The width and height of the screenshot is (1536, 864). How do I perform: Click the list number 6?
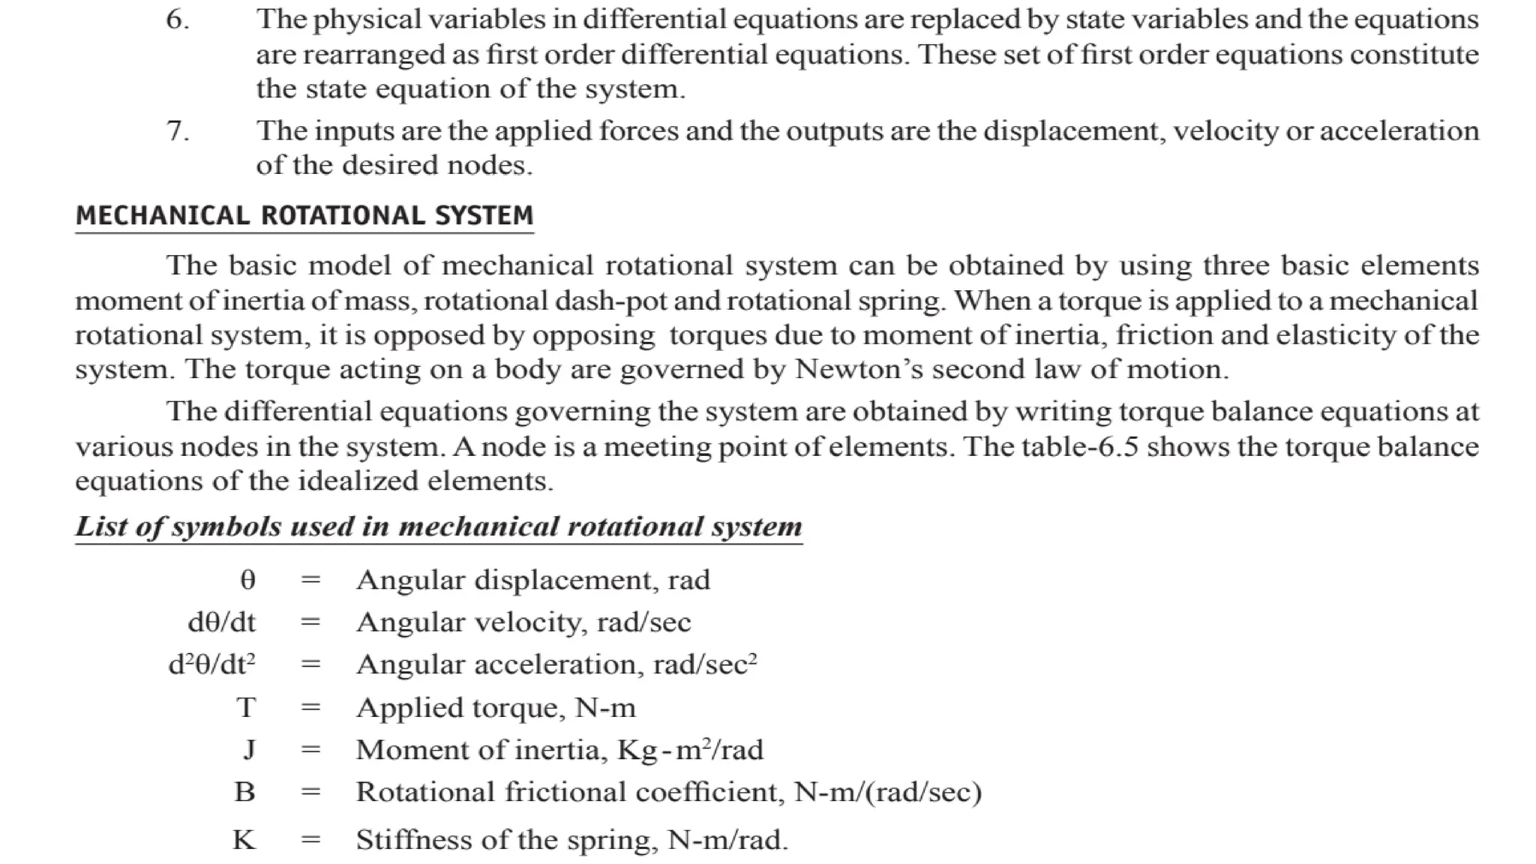click(x=177, y=19)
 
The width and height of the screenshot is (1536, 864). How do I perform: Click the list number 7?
click(x=177, y=131)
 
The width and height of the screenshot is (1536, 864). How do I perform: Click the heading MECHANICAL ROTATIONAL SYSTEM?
click(x=304, y=216)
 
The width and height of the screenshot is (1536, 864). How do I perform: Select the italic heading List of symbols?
click(x=439, y=526)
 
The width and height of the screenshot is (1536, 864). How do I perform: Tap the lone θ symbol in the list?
click(x=247, y=580)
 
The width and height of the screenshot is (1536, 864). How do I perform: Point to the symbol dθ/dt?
click(x=221, y=622)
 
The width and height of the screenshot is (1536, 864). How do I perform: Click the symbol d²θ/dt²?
click(x=211, y=664)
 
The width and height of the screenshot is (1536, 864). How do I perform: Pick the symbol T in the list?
click(x=246, y=707)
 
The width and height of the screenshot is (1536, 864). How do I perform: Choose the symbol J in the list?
click(x=249, y=749)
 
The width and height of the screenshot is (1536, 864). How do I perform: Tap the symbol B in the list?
click(x=244, y=792)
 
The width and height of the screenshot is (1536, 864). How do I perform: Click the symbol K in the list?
click(x=244, y=839)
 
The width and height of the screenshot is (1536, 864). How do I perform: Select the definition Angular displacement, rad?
click(x=532, y=580)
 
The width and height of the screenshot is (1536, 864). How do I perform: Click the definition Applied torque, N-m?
click(x=496, y=707)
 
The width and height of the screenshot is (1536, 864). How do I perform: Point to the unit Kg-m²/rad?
click(x=690, y=749)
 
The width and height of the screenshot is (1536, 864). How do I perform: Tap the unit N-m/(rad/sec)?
click(x=887, y=792)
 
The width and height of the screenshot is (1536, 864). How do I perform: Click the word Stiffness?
click(x=409, y=839)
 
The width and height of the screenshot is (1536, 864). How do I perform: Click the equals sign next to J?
click(x=310, y=749)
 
